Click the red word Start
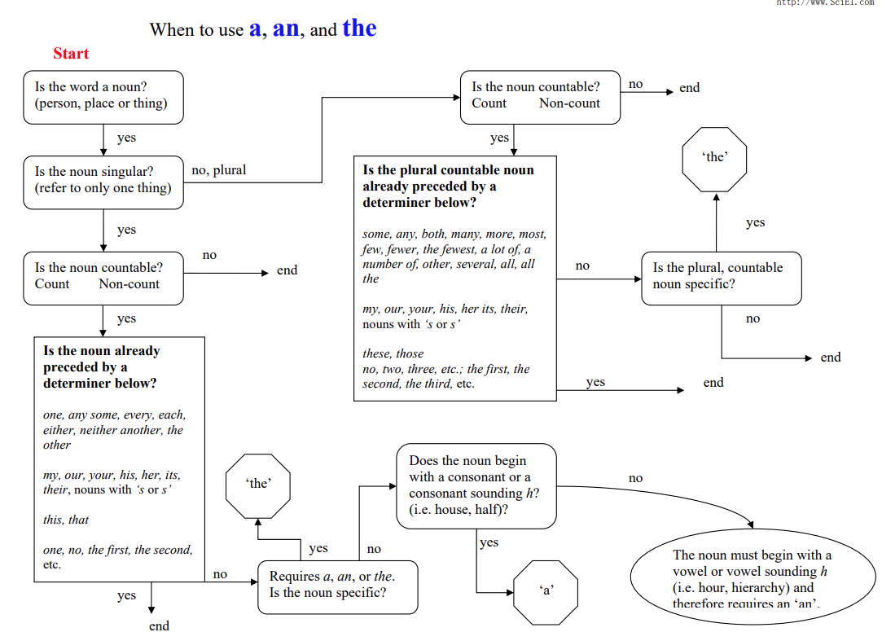coord(71,54)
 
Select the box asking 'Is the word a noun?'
coord(103,96)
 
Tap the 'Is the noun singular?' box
coord(103,181)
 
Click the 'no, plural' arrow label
coord(218,170)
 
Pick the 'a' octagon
coord(546,591)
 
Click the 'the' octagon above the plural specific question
coord(714,158)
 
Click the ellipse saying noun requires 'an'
coord(752,578)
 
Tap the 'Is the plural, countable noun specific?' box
coord(721,277)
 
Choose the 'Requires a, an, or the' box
coord(337,586)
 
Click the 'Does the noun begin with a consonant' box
coord(476,485)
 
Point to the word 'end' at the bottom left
coord(159,625)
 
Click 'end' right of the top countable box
coord(689,88)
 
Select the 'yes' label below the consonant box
coord(489,542)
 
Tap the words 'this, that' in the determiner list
coord(66,520)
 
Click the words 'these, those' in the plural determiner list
coord(393,353)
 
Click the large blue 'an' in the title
coord(286,29)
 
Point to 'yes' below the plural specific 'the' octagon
coord(755,222)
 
